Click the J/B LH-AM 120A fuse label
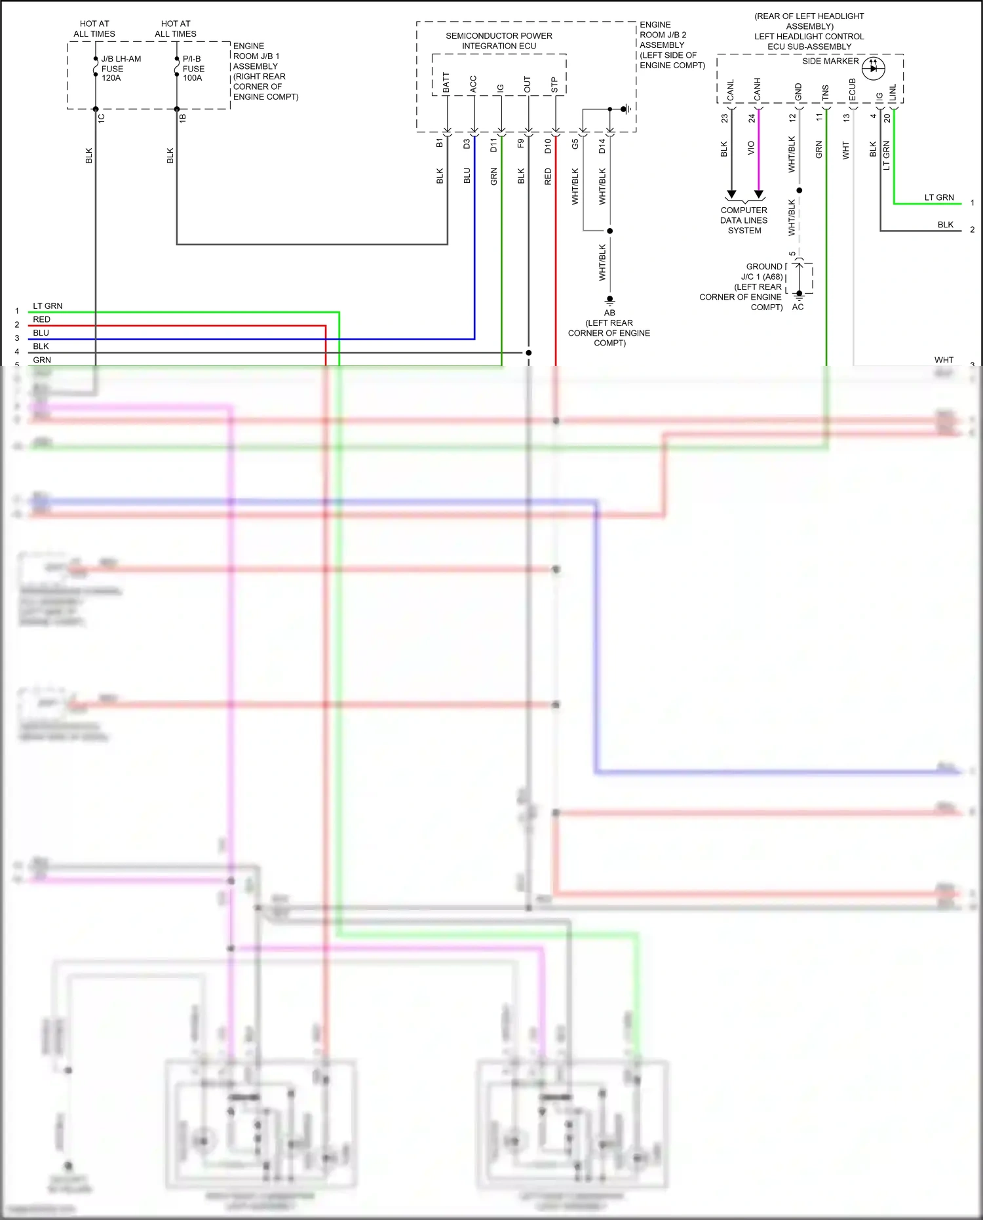(120, 68)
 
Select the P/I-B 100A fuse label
(193, 68)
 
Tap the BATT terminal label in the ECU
(446, 83)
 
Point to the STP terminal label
(554, 85)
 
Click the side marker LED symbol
(873, 68)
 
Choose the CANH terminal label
(758, 89)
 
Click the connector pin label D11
(493, 145)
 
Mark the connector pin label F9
(521, 143)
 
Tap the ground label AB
(609, 313)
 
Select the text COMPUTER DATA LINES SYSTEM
(744, 220)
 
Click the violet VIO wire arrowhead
(759, 195)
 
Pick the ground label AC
(798, 307)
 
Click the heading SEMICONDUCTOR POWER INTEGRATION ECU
(499, 41)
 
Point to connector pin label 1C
(102, 118)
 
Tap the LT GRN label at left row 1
(48, 306)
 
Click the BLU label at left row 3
(41, 333)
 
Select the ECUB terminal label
(853, 90)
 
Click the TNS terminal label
(826, 92)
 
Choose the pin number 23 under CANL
(724, 118)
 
